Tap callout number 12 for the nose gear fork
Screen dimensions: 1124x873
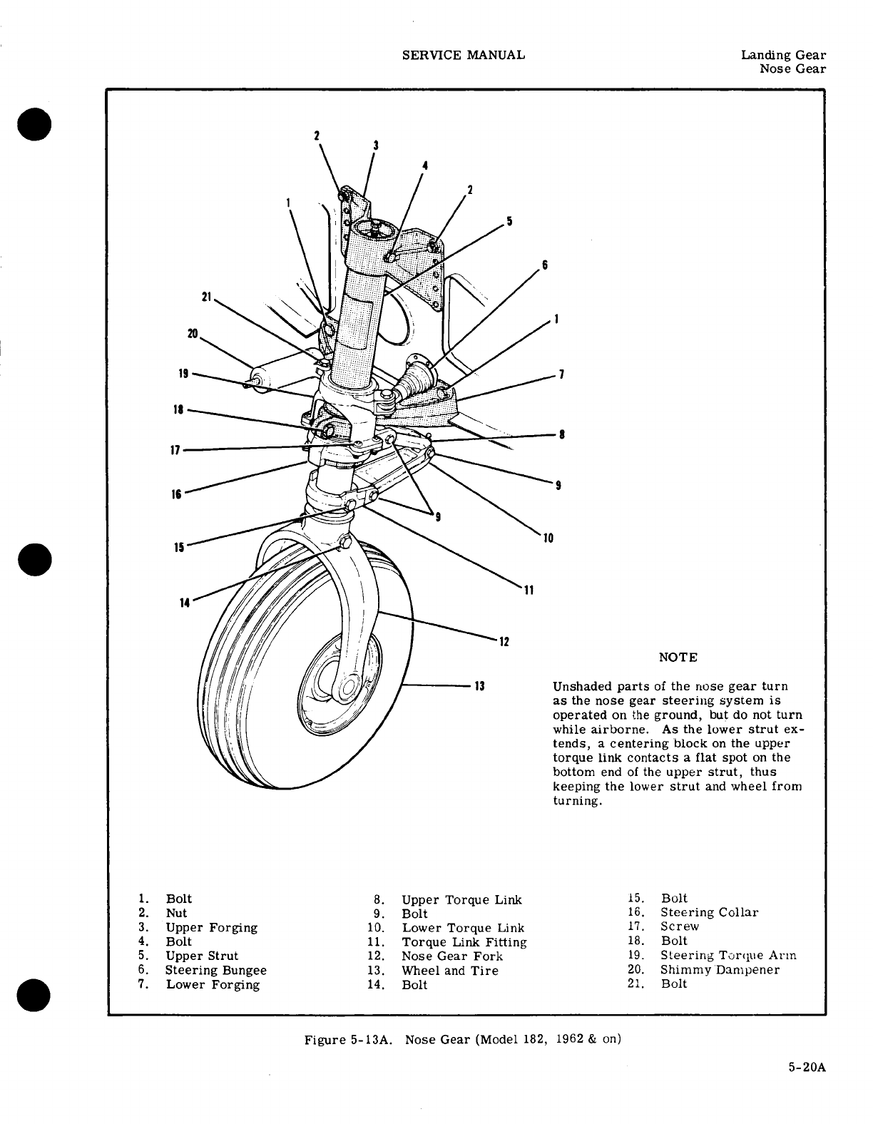tap(504, 641)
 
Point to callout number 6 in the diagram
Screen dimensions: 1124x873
tap(544, 265)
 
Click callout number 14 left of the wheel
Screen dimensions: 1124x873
tap(185, 603)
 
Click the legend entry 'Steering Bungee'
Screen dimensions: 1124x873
tap(215, 970)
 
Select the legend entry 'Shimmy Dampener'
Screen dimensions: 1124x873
tap(720, 969)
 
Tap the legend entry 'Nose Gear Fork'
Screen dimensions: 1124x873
tap(452, 956)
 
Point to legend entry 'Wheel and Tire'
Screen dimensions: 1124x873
tap(450, 970)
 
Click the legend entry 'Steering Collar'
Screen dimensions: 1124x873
tap(709, 912)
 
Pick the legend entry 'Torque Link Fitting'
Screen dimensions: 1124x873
tap(464, 941)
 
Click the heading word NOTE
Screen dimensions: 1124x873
tap(678, 657)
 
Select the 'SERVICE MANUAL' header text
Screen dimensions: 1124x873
tap(464, 55)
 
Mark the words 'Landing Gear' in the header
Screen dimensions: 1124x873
tap(783, 55)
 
